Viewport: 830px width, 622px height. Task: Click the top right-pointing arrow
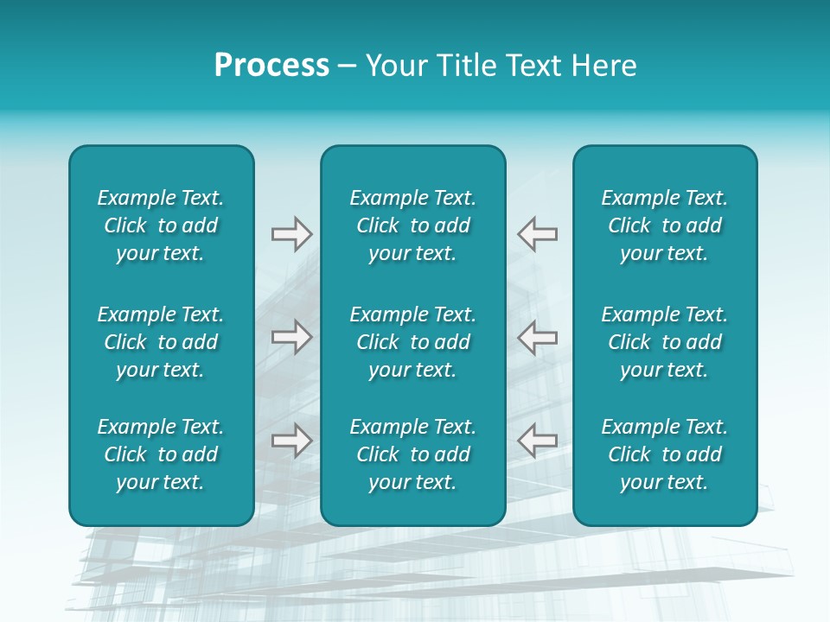(x=291, y=234)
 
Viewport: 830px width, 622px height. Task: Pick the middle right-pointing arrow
(x=291, y=337)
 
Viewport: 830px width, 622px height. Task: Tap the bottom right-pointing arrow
(x=291, y=440)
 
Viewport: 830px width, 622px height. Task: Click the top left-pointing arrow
(x=538, y=234)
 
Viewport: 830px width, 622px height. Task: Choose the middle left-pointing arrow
(x=538, y=337)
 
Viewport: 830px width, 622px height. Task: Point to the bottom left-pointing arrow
(x=538, y=440)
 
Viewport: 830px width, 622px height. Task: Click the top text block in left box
(x=161, y=225)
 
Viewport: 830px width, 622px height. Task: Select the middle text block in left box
(x=161, y=342)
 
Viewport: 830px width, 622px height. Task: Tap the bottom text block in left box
(x=161, y=454)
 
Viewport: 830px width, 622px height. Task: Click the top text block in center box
(x=413, y=225)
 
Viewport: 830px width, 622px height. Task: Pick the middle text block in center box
(x=413, y=342)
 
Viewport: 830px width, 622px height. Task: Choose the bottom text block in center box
(x=413, y=454)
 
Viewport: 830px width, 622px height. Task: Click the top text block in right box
(x=665, y=225)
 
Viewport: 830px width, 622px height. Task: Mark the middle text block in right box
(x=665, y=342)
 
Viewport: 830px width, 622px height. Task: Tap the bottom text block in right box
(x=665, y=454)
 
